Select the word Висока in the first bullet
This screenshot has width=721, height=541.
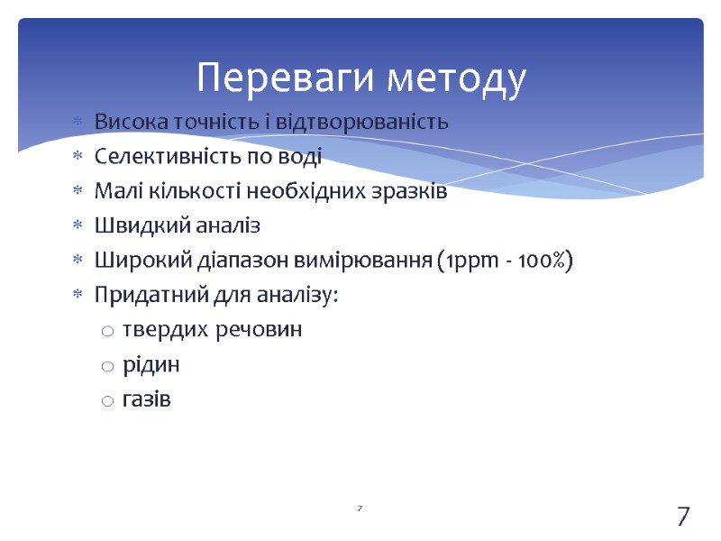(x=125, y=122)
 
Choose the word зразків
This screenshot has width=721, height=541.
(x=411, y=191)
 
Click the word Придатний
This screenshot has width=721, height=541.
(x=138, y=296)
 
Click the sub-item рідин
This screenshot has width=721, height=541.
(x=151, y=365)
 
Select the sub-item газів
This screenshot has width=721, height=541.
(x=146, y=399)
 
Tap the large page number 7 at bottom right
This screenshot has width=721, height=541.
(x=683, y=517)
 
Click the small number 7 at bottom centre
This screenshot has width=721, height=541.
(x=360, y=510)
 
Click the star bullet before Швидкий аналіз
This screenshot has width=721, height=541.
(x=77, y=226)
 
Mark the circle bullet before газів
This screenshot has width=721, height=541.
(x=107, y=400)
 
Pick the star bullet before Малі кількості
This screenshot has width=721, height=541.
(x=77, y=191)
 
